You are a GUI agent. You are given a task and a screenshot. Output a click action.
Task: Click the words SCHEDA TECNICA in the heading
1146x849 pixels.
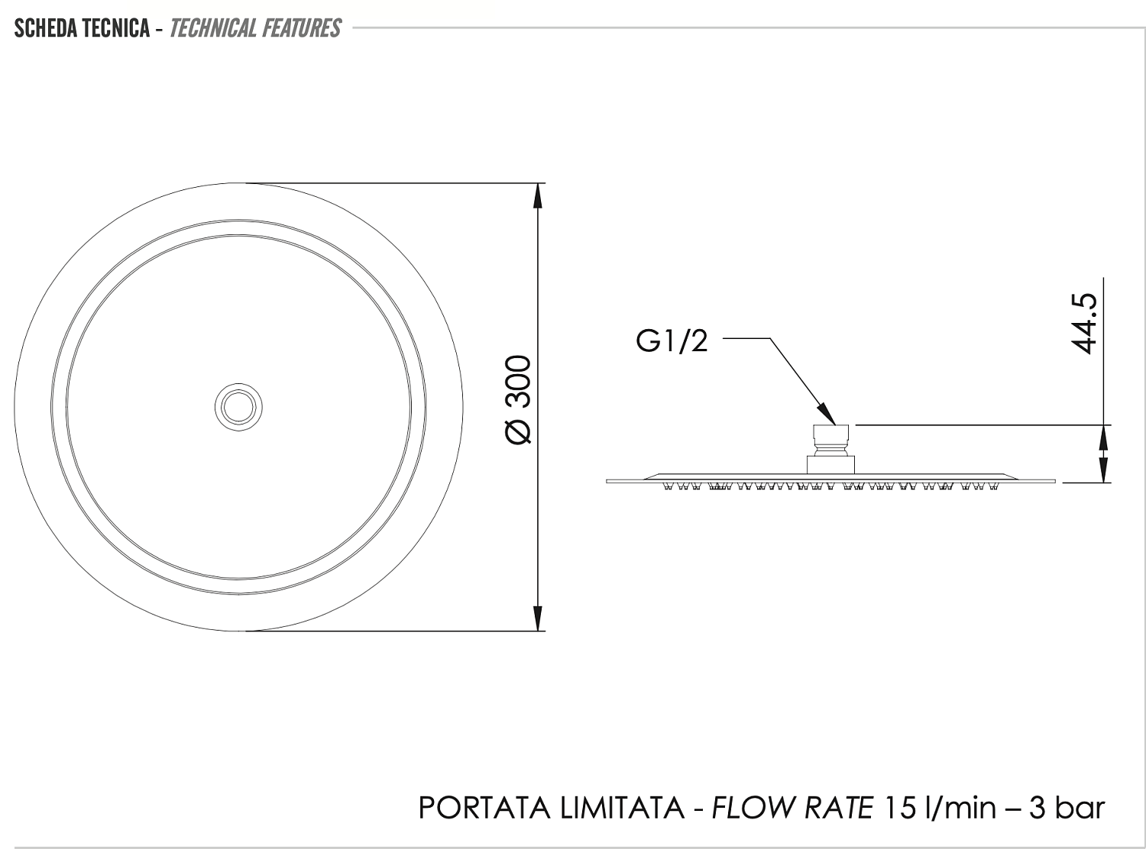[x=82, y=28]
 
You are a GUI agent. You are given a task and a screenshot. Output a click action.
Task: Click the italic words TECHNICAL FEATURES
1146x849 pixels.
[x=255, y=28]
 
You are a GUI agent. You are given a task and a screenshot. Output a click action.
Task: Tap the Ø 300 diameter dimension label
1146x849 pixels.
[x=518, y=399]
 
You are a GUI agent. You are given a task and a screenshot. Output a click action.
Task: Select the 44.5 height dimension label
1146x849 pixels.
[x=1083, y=324]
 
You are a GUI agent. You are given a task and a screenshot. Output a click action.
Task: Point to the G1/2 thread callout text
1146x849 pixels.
[x=671, y=341]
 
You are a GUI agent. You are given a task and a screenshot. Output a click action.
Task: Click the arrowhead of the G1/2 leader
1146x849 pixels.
[x=826, y=414]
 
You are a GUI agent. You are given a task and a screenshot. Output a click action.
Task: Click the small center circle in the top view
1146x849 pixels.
[x=238, y=407]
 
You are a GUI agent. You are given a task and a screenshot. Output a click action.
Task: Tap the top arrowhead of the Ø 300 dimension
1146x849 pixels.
[x=538, y=195]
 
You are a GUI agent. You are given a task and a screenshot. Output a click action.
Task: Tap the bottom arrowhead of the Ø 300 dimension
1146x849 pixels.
[x=538, y=618]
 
